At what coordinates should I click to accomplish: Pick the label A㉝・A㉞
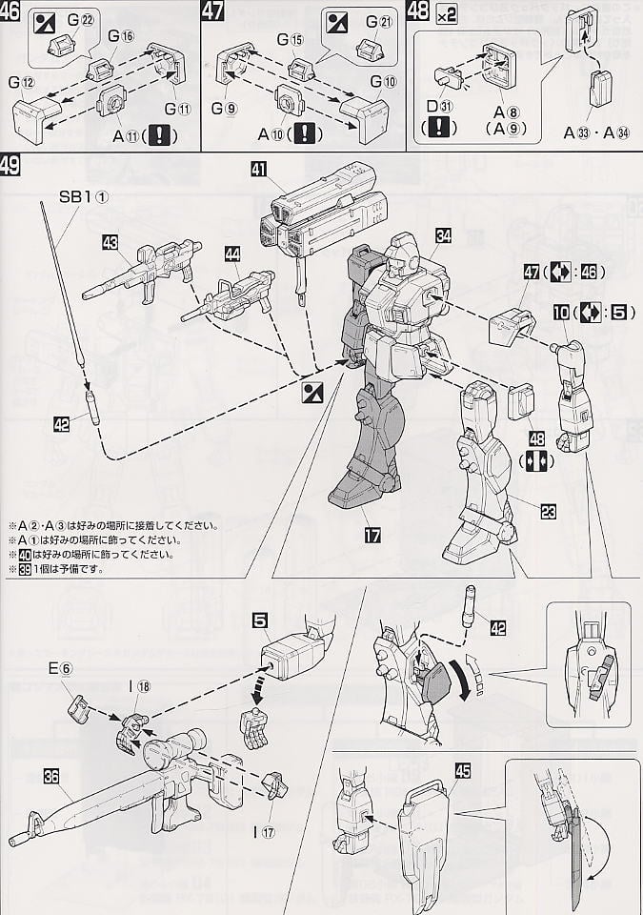[x=602, y=131]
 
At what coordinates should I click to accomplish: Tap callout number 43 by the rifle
[x=111, y=244]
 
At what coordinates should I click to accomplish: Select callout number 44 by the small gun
[x=232, y=253]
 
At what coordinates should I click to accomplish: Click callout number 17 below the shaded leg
[x=372, y=536]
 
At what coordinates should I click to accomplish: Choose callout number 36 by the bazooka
[x=51, y=776]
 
